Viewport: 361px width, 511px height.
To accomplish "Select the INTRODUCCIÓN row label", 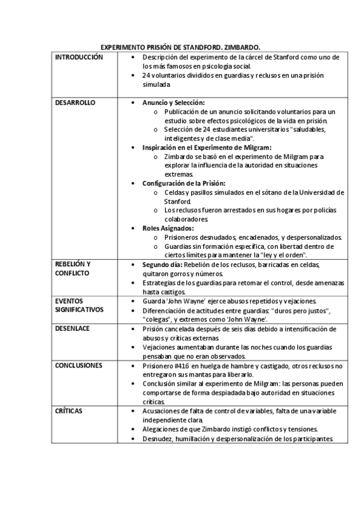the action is pos(79,57).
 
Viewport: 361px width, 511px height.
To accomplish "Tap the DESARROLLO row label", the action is pos(75,103).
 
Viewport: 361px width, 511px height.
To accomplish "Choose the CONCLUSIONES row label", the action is pos(79,365).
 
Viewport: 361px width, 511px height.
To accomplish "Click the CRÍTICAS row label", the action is pos(69,410).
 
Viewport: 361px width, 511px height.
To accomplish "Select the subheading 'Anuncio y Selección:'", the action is pos(174,103).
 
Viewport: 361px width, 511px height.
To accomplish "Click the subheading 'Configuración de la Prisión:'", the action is pos(184,183).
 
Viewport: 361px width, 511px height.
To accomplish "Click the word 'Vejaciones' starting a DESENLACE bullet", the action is pos(160,348).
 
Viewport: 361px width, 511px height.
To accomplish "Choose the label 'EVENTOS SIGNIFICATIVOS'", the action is pos(79,305).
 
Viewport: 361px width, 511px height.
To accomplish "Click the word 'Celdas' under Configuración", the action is pos(175,193).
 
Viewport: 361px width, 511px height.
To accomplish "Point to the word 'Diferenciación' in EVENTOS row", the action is pos(166,310).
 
